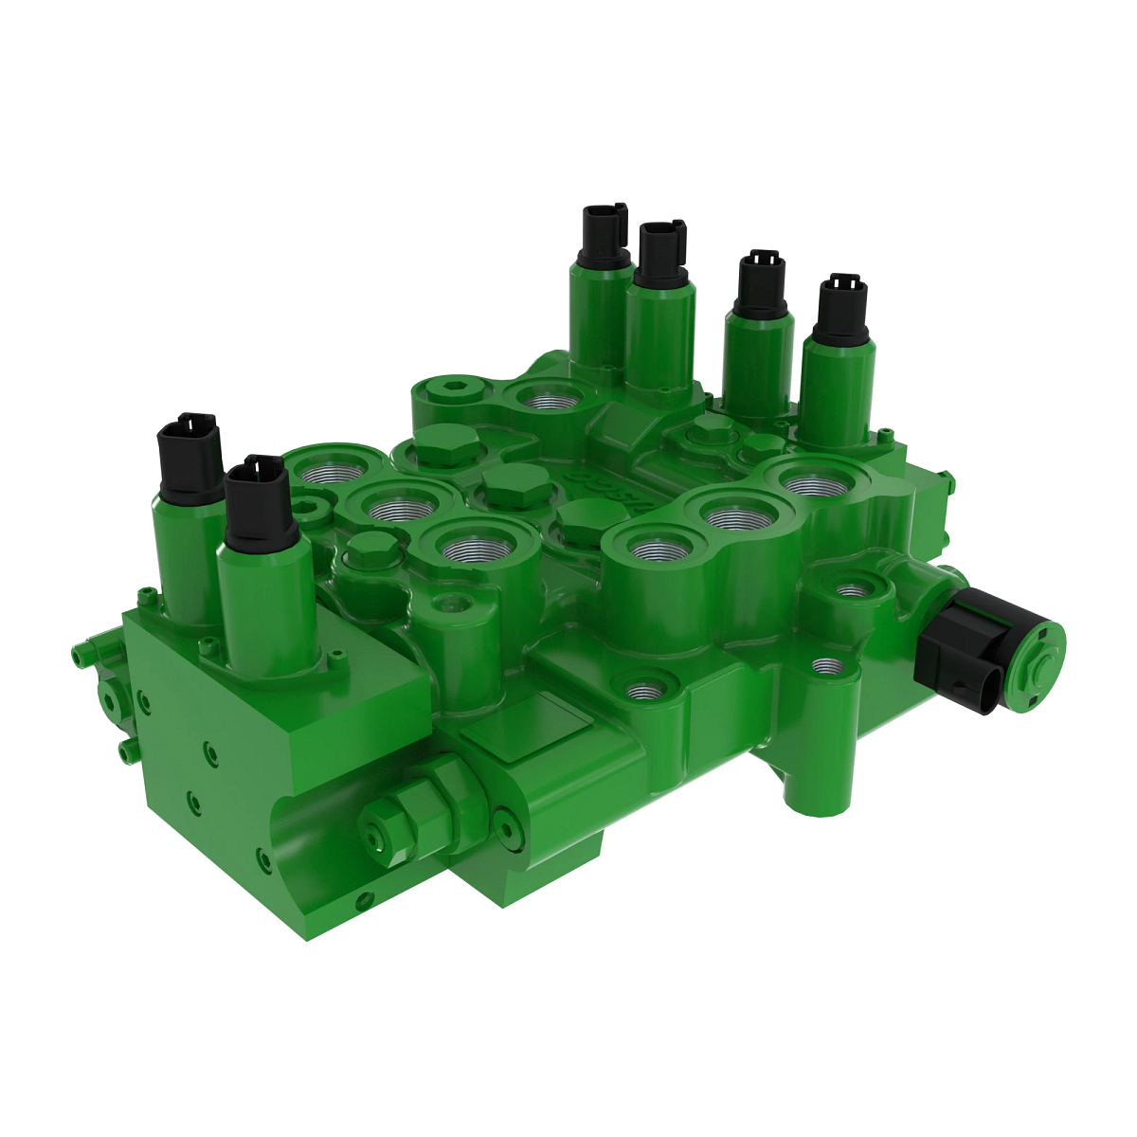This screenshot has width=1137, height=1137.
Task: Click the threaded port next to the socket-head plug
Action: (544, 398)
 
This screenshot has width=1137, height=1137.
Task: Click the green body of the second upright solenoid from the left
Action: (266, 606)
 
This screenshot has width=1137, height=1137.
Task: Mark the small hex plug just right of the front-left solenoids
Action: (370, 549)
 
